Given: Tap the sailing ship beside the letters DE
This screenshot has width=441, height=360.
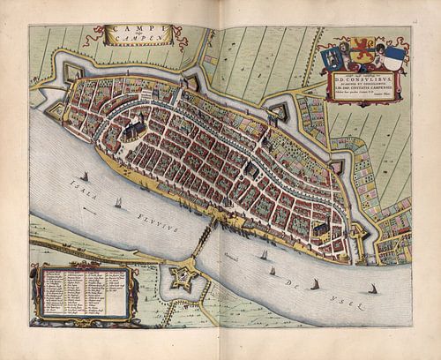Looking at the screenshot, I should [314, 283].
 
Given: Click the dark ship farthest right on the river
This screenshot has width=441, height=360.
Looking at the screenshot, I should [372, 288].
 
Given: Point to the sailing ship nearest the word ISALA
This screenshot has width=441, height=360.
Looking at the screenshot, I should [84, 176].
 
